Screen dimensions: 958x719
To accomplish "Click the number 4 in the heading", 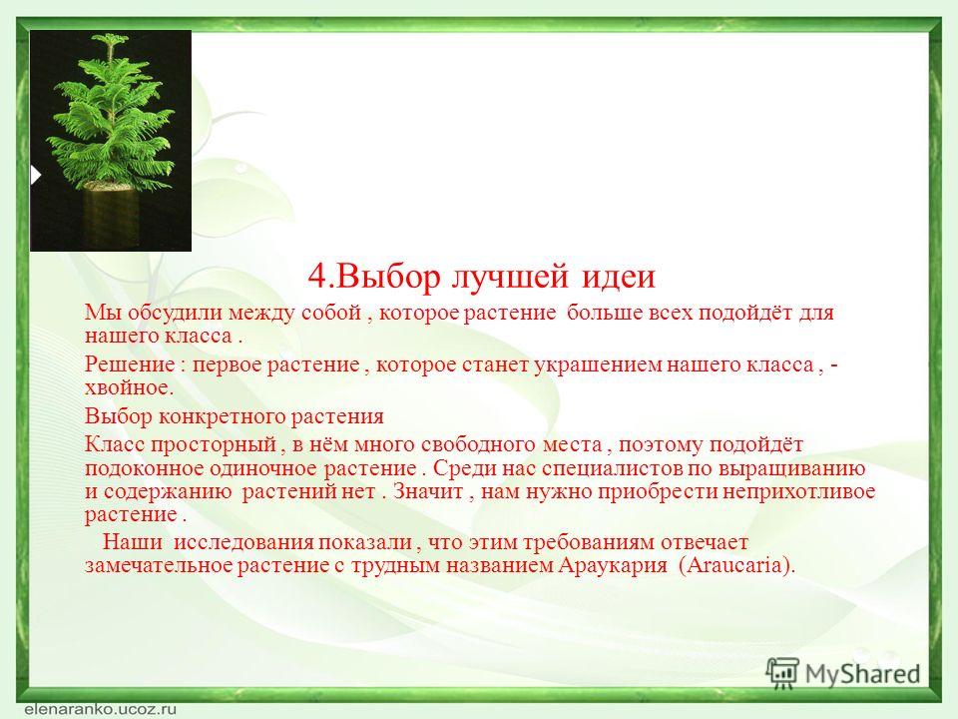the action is [x=318, y=277].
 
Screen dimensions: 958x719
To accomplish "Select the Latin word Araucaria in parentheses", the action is [x=735, y=565].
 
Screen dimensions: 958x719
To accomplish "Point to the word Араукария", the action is [x=612, y=565].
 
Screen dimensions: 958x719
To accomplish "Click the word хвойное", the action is [x=129, y=387].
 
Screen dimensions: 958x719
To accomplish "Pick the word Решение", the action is [x=130, y=364].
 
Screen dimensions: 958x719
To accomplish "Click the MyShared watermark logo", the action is [x=842, y=674].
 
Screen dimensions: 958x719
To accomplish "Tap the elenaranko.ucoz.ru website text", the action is [x=101, y=709].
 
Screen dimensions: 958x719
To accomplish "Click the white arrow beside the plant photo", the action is [x=36, y=176].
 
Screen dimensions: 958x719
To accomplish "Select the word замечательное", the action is [x=159, y=565].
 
